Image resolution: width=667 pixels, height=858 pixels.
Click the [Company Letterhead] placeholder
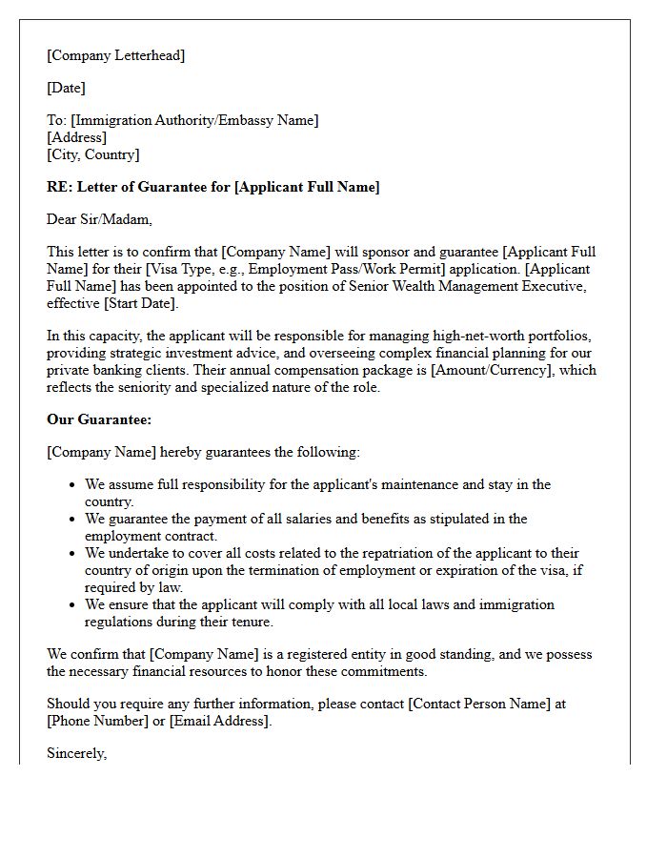[x=115, y=55]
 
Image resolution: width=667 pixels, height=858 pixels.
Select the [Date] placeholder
[x=66, y=88]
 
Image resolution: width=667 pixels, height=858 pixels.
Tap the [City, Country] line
[x=92, y=154]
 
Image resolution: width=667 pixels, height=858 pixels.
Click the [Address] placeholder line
[x=76, y=137]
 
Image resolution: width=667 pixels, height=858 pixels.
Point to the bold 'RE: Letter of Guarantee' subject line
[x=212, y=187]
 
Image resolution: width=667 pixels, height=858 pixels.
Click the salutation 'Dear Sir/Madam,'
[x=99, y=219]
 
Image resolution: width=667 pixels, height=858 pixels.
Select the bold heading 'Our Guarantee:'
[x=99, y=419]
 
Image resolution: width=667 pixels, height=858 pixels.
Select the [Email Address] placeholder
[x=220, y=721]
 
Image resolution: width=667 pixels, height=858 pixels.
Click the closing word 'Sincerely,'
[x=77, y=753]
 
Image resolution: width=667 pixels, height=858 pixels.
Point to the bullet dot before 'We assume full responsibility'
[x=71, y=485]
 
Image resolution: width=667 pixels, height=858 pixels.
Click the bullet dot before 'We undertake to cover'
[x=71, y=554]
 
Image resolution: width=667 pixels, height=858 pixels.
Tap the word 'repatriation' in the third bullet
[x=358, y=553]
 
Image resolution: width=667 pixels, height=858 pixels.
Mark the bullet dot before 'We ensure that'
[x=71, y=605]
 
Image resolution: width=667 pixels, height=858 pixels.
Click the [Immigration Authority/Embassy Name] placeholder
[x=195, y=120]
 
